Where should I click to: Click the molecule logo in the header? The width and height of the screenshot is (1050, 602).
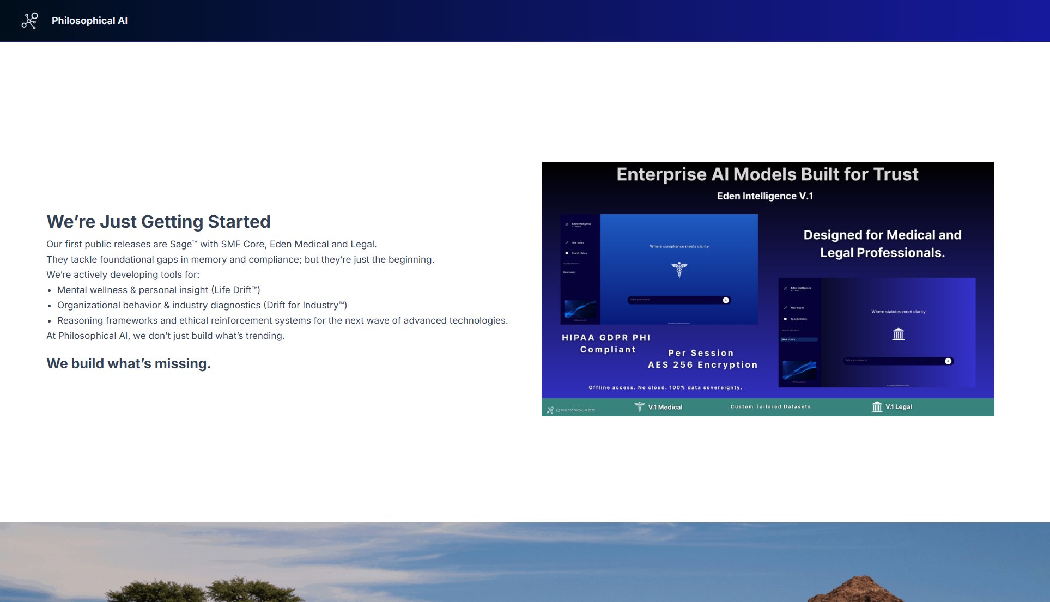[29, 21]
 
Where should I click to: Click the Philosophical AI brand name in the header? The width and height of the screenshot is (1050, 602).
[89, 21]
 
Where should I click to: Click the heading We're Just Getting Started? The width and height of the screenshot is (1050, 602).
[158, 222]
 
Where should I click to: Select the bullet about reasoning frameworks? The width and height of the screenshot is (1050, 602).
[282, 320]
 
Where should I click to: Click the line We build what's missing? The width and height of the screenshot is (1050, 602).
[129, 363]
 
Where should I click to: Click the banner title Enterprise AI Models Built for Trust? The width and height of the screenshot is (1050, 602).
[767, 174]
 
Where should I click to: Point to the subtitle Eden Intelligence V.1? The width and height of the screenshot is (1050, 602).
[764, 196]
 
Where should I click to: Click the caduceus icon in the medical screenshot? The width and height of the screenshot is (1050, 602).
[679, 269]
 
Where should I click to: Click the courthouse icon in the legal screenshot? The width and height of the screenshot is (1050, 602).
[898, 334]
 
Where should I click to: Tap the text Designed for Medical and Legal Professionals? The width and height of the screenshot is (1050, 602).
[882, 244]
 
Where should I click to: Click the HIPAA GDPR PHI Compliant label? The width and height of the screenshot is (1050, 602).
[606, 343]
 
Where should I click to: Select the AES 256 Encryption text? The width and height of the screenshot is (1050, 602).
[702, 365]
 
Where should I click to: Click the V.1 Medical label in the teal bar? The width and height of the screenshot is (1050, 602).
[664, 407]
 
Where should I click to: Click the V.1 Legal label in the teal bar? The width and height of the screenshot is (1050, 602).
[898, 407]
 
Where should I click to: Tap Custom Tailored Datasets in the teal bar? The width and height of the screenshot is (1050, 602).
[770, 406]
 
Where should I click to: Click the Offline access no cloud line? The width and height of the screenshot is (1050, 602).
[665, 387]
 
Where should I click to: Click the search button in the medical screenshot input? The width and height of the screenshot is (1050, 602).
[725, 300]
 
